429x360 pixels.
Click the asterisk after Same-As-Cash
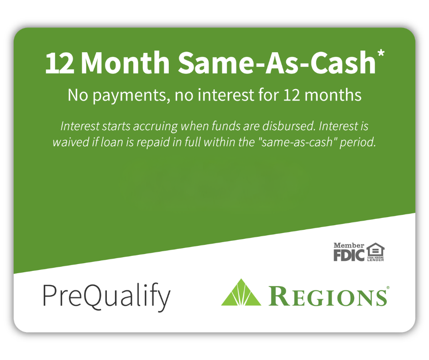coord(381,53)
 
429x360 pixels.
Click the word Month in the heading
coord(126,63)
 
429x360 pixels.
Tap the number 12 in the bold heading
coord(60,63)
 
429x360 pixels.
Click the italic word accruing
coord(156,126)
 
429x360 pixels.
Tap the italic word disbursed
coord(288,126)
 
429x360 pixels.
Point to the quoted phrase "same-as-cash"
coord(297,142)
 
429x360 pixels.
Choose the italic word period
coord(358,143)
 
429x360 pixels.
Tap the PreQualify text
coord(107,297)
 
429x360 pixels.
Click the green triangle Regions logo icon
coord(241,292)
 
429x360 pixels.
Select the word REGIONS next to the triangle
coord(328,296)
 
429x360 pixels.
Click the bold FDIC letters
coord(349,255)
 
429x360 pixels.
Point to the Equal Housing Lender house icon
coord(376,252)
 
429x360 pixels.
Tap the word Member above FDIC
coord(349,245)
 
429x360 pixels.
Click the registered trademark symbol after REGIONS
coord(387,288)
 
